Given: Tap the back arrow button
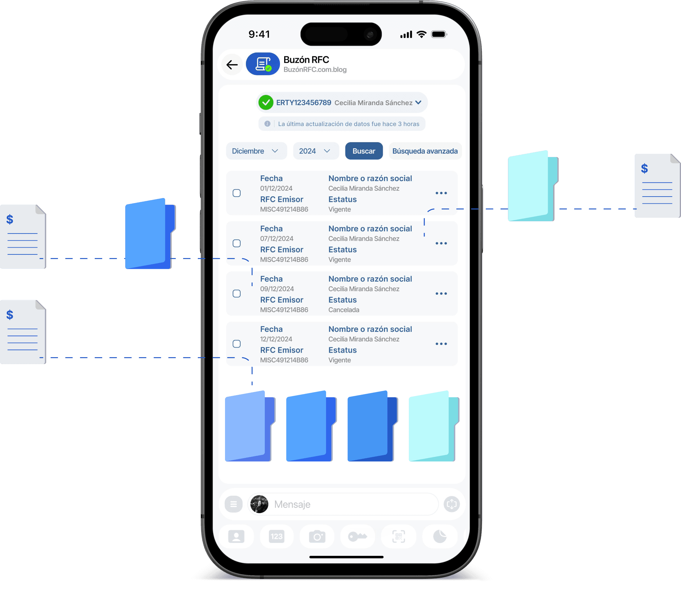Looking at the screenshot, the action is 232,65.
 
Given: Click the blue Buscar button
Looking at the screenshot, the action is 364,151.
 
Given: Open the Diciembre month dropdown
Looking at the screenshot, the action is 256,151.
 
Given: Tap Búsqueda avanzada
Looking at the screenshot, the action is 425,151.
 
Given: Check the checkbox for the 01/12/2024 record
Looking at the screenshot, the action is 237,193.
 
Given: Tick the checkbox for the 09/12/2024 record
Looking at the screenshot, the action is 237,294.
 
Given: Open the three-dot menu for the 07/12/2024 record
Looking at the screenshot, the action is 441,243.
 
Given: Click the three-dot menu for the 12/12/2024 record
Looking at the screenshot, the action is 441,344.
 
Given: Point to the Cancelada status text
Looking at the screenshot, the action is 344,310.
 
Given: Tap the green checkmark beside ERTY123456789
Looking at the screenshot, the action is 266,102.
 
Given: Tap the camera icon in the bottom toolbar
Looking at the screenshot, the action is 317,536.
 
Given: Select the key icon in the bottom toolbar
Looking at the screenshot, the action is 357,536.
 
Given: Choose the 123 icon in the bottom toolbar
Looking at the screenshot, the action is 277,536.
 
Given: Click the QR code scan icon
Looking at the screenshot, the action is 398,536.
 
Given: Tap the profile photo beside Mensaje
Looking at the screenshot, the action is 259,504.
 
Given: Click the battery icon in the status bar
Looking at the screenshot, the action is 439,34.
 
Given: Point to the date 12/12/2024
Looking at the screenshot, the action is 276,339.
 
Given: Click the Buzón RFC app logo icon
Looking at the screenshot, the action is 263,64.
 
